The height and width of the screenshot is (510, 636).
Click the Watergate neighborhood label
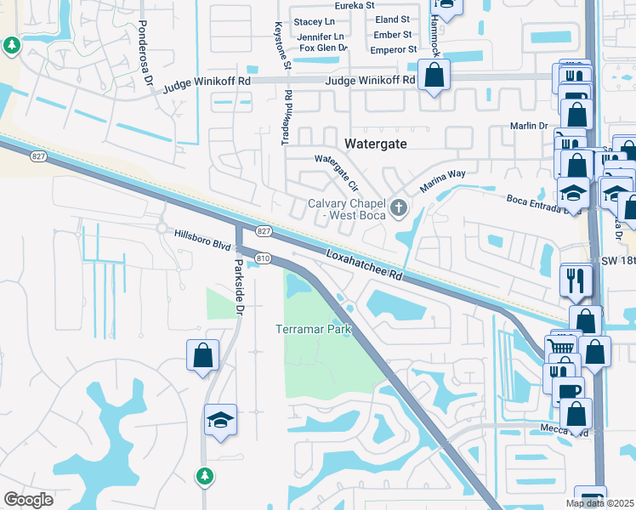375,144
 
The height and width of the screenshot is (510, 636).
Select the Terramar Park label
313,329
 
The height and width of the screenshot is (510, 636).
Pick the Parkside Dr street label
239,288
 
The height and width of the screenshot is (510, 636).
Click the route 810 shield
263,258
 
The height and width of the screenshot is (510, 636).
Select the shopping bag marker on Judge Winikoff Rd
434,75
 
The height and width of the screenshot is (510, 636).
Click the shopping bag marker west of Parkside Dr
203,355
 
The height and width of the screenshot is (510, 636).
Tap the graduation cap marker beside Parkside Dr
220,420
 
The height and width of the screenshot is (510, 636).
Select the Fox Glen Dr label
324,48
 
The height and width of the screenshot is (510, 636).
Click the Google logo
28,500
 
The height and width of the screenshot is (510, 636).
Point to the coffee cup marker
568,393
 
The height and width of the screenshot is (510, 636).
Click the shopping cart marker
559,345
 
